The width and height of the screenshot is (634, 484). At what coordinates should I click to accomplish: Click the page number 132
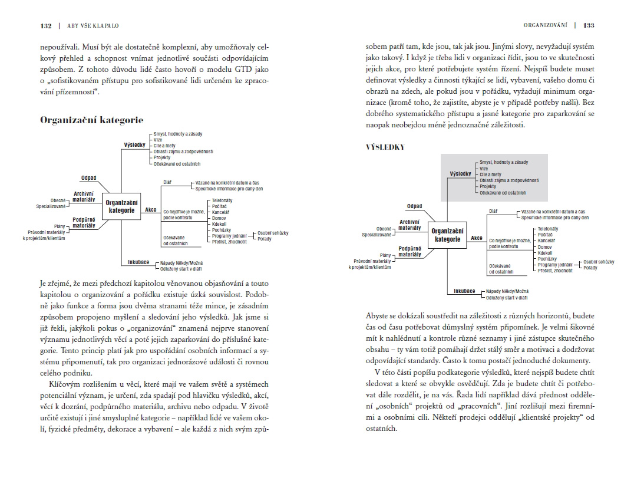tap(45, 25)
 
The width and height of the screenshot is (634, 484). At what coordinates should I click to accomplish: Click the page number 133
tap(589, 25)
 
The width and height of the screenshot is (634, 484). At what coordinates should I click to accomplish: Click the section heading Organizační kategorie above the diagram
tap(91, 120)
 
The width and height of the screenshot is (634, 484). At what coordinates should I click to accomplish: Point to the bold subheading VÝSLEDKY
tap(385, 147)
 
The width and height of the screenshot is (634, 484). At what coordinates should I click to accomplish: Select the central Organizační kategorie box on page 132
tap(121, 206)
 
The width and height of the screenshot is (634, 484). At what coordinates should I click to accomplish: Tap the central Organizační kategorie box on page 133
tap(447, 235)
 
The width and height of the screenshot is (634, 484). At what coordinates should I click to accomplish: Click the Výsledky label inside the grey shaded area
tap(460, 174)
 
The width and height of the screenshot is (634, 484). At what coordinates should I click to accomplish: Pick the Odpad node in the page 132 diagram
tap(89, 177)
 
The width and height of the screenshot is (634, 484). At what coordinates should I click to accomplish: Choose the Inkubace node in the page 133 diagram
tap(465, 291)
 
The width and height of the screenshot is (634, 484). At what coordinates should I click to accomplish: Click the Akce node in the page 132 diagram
tap(151, 210)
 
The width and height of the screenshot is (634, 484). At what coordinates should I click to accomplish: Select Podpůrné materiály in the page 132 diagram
tap(84, 222)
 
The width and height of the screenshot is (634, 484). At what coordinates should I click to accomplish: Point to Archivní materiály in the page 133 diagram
tap(410, 225)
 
